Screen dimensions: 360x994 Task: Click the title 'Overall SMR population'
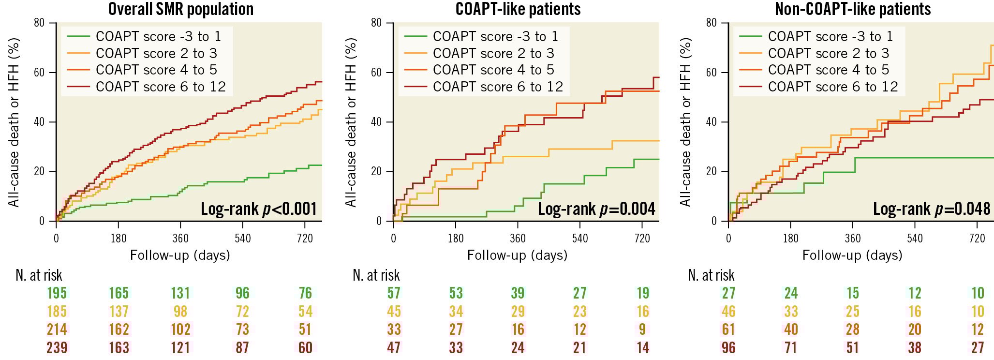point(181,9)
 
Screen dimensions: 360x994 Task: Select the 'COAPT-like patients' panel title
point(518,9)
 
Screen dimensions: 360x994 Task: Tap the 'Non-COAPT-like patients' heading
point(853,9)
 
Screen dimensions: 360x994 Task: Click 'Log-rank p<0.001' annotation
point(259,209)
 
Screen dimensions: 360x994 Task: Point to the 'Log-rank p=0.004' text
point(596,209)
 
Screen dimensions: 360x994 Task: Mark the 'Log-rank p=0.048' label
point(932,209)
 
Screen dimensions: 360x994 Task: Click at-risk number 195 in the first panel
point(57,293)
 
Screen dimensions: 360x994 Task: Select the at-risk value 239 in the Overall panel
point(57,348)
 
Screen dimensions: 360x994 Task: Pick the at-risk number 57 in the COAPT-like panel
point(394,293)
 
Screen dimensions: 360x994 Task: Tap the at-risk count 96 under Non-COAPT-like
point(728,348)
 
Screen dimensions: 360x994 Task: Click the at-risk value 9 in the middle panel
point(642,330)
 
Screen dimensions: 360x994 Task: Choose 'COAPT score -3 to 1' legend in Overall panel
point(158,36)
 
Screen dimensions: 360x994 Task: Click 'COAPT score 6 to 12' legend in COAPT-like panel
point(498,87)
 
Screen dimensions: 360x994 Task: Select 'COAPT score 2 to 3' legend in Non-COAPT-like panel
point(829,53)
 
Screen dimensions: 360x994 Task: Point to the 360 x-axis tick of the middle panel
point(518,238)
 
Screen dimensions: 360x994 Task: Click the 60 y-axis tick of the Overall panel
point(39,73)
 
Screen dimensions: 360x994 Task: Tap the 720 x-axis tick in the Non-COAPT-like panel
point(977,238)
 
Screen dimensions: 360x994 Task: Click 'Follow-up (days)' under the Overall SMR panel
point(180,255)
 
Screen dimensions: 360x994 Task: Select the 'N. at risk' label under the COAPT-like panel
point(376,275)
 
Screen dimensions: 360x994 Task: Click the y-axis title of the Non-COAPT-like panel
point(685,122)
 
